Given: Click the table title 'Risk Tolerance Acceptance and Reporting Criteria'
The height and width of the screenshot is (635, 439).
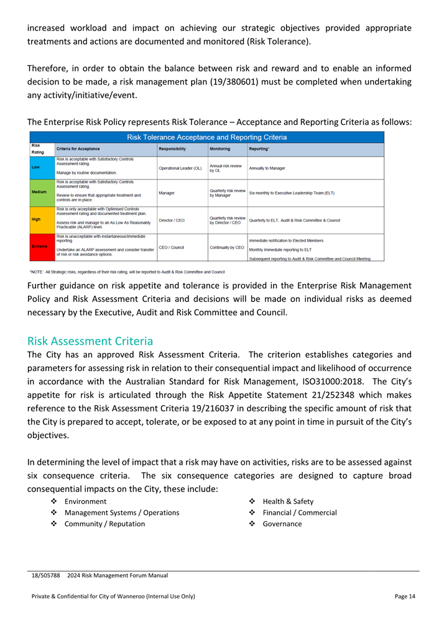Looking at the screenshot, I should click(207, 137).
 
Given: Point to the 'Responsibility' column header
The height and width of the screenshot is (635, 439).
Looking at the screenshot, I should click(177, 149).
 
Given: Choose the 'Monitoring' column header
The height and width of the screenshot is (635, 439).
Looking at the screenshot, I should click(220, 149).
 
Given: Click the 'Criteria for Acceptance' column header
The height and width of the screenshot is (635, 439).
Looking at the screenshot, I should click(78, 149).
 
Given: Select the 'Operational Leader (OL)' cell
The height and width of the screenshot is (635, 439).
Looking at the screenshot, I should click(180, 168).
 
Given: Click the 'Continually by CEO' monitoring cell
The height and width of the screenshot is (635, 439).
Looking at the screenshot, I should click(227, 247).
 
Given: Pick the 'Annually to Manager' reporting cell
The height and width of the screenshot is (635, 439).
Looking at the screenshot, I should click(267, 168).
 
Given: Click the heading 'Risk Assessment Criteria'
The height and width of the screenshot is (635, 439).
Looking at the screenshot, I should click(90, 341).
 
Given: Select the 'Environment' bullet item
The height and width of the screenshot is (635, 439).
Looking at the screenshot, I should click(85, 501).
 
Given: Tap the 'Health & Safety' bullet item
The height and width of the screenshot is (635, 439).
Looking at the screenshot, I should click(288, 501).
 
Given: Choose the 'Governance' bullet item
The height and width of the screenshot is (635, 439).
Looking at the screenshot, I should click(282, 524).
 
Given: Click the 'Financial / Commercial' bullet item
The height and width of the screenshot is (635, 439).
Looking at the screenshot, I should click(300, 513).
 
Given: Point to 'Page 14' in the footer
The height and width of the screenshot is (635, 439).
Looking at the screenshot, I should click(405, 596).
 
